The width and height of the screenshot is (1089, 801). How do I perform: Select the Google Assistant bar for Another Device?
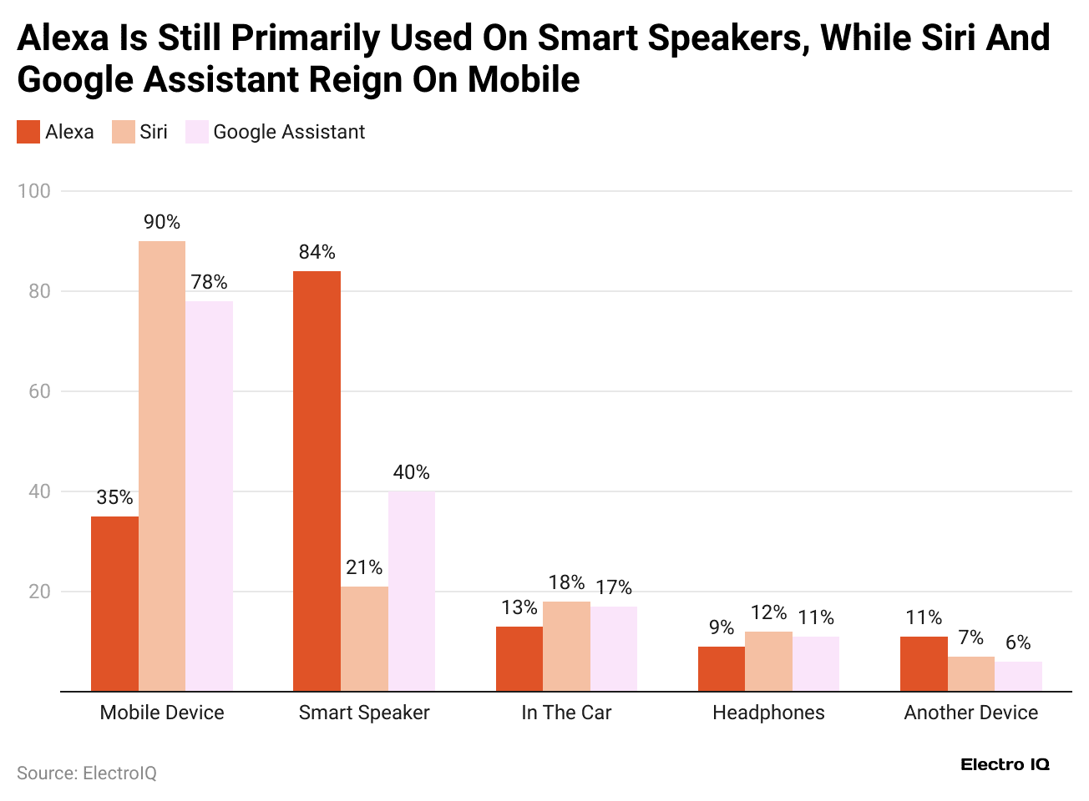tap(1018, 677)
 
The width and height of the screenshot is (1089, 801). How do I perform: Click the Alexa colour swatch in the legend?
tap(28, 132)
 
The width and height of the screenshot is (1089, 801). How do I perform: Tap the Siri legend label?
tap(154, 132)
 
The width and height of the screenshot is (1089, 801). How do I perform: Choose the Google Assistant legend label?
tap(289, 132)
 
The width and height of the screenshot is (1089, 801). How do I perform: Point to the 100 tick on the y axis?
tap(34, 191)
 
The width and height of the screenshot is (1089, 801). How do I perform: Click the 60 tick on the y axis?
tap(39, 391)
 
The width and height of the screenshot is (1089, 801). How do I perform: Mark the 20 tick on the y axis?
tap(39, 592)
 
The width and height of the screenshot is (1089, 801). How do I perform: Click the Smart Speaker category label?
tap(364, 713)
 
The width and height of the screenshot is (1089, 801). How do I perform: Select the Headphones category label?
tap(768, 713)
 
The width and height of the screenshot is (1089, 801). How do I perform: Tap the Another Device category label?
tap(970, 713)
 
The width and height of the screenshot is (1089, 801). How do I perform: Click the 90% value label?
tap(162, 222)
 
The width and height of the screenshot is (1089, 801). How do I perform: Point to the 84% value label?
tap(317, 252)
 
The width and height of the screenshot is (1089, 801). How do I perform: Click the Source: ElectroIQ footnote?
tap(87, 773)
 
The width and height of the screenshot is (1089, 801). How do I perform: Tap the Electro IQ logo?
tap(1005, 764)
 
